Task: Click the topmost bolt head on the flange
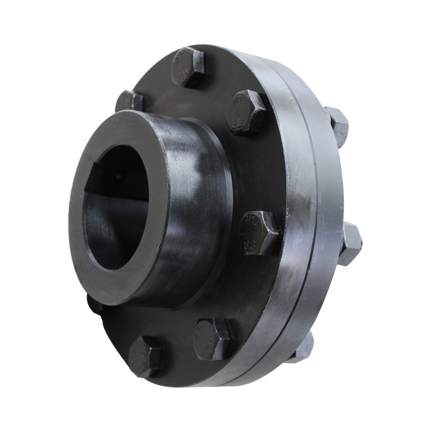coord(189,67)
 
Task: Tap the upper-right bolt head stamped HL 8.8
coord(246,112)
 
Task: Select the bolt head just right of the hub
coord(259,233)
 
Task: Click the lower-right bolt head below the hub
coord(212,338)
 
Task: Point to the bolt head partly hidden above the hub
coord(130,101)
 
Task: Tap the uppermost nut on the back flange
coord(337,126)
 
